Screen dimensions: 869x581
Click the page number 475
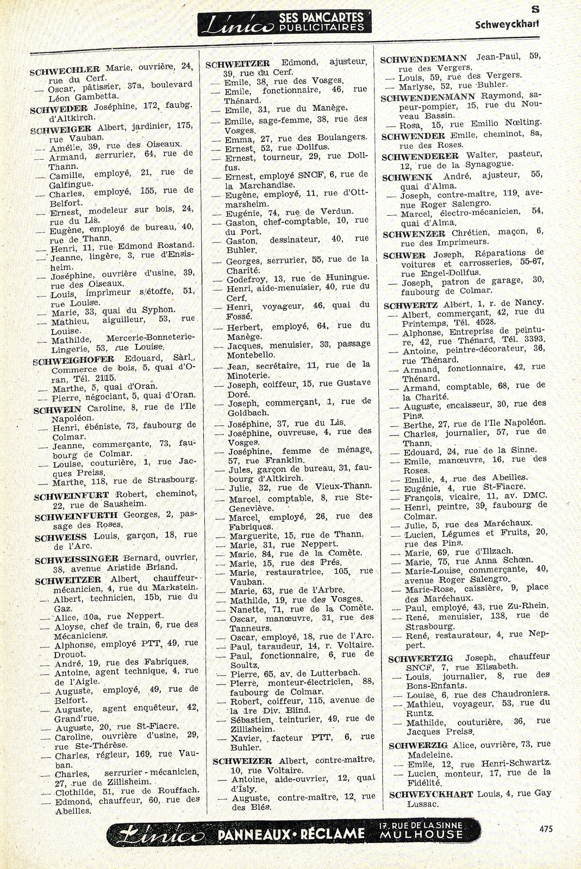click(x=546, y=829)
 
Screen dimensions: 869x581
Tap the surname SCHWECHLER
click(x=65, y=70)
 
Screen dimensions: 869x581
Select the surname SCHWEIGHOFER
click(x=73, y=360)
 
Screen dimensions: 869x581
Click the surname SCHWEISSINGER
click(x=76, y=559)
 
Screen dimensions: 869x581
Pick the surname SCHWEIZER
click(x=242, y=761)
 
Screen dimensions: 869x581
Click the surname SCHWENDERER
click(x=420, y=156)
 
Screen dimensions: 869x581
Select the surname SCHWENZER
click(x=414, y=234)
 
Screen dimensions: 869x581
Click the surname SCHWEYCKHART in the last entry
click(x=431, y=795)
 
